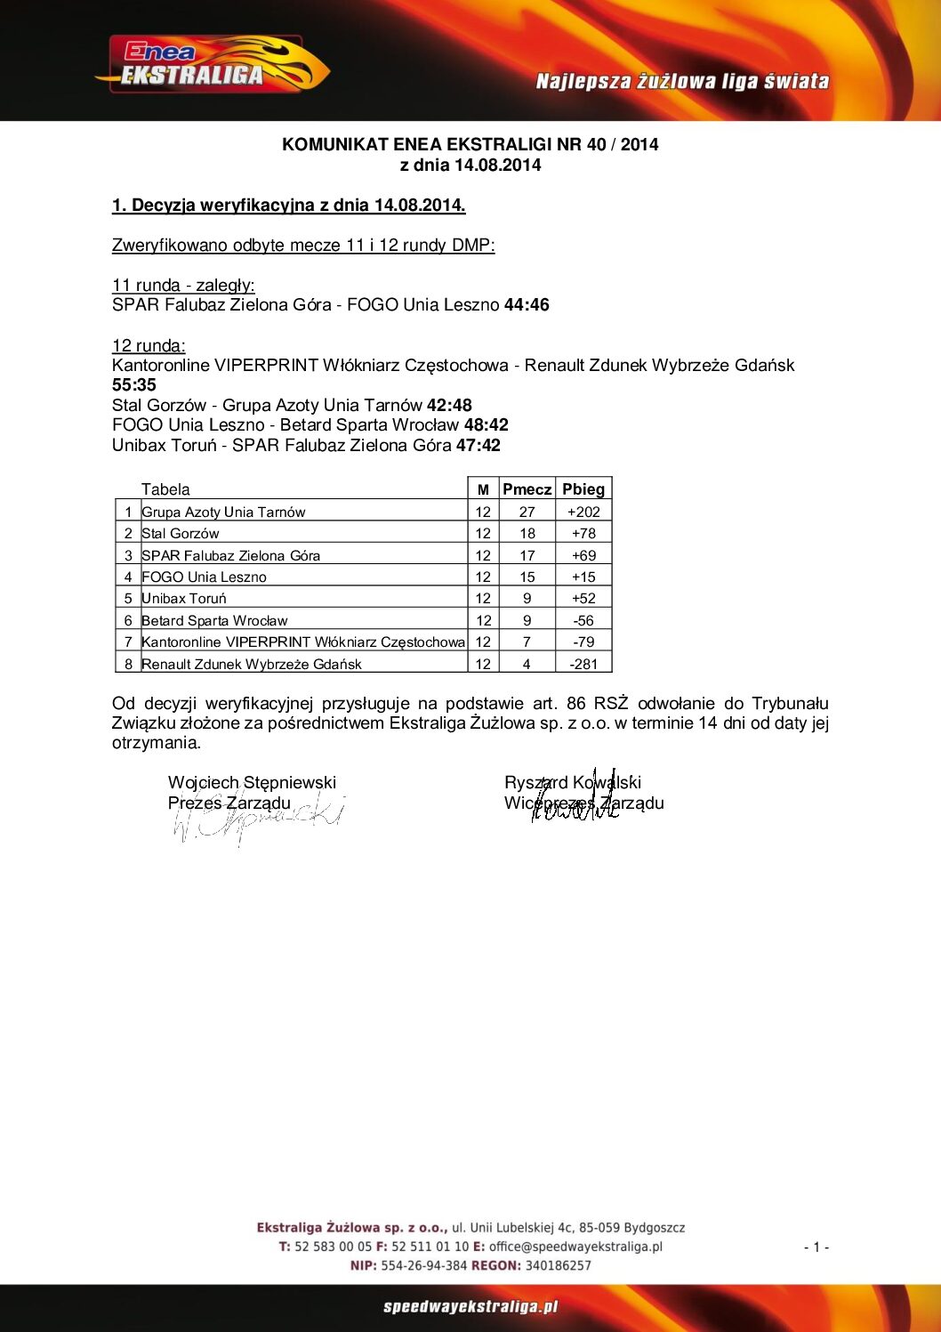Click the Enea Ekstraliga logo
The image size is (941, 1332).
[x=212, y=65]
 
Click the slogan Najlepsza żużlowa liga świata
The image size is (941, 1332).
[x=682, y=82]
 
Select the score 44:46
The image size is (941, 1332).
[x=527, y=305]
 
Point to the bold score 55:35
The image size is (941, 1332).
[x=134, y=385]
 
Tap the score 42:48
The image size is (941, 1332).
[x=449, y=406]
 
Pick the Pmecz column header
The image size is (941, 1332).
[x=527, y=488]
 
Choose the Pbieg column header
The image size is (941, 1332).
[x=583, y=488]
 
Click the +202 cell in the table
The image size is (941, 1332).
[x=583, y=512]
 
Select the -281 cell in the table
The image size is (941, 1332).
[x=583, y=664]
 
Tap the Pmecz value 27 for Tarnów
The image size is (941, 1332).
[x=527, y=512]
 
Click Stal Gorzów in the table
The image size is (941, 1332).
[x=181, y=534]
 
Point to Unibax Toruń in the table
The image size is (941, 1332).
[x=184, y=599]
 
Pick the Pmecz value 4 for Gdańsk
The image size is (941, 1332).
[x=527, y=664]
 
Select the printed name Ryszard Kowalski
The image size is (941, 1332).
[x=572, y=782]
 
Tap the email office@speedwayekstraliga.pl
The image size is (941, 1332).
[x=575, y=1247]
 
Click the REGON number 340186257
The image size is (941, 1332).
[x=558, y=1265]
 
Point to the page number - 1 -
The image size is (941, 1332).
[x=816, y=1247]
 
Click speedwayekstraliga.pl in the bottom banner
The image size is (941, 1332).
[x=471, y=1307]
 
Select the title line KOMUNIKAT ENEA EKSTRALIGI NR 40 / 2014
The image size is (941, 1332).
[x=470, y=144]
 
